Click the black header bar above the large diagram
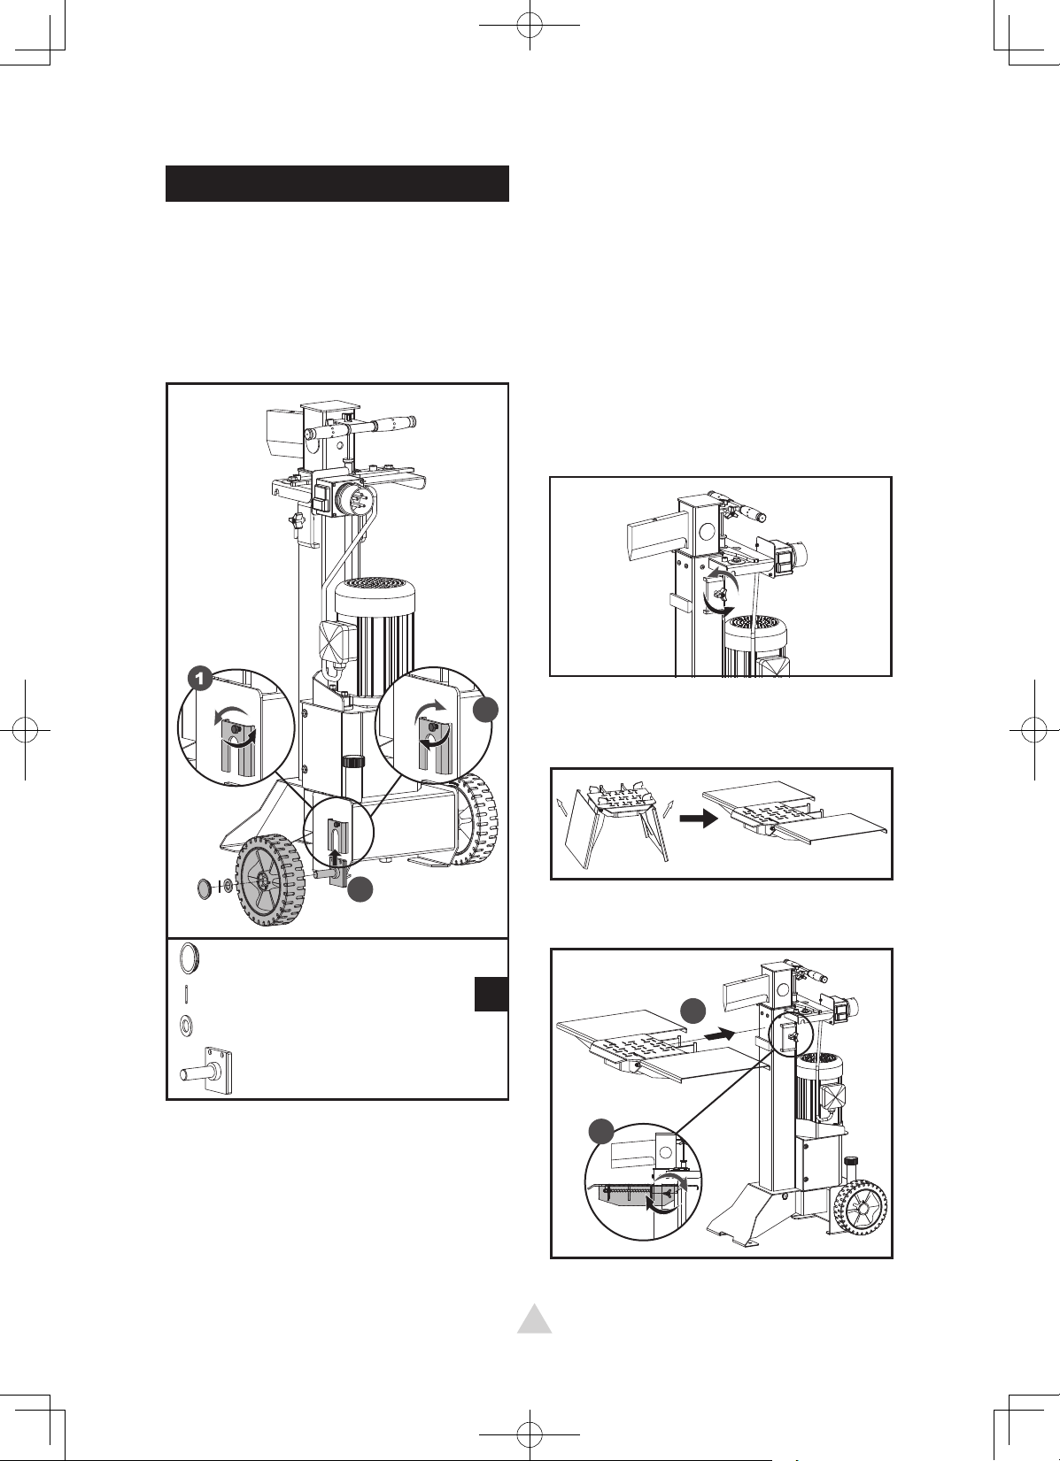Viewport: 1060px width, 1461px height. point(337,183)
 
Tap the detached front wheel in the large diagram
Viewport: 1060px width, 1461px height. point(269,883)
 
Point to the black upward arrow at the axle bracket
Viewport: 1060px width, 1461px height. point(335,857)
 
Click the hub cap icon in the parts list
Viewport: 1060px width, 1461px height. point(190,958)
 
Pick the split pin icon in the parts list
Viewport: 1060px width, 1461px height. point(187,994)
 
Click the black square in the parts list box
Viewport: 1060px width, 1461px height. point(491,994)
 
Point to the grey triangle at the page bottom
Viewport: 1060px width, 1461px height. point(535,1319)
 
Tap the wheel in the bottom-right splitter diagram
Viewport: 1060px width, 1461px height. point(861,1207)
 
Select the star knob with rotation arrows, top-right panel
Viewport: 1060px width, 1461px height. point(721,593)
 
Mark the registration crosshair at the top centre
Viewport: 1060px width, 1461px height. point(530,25)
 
